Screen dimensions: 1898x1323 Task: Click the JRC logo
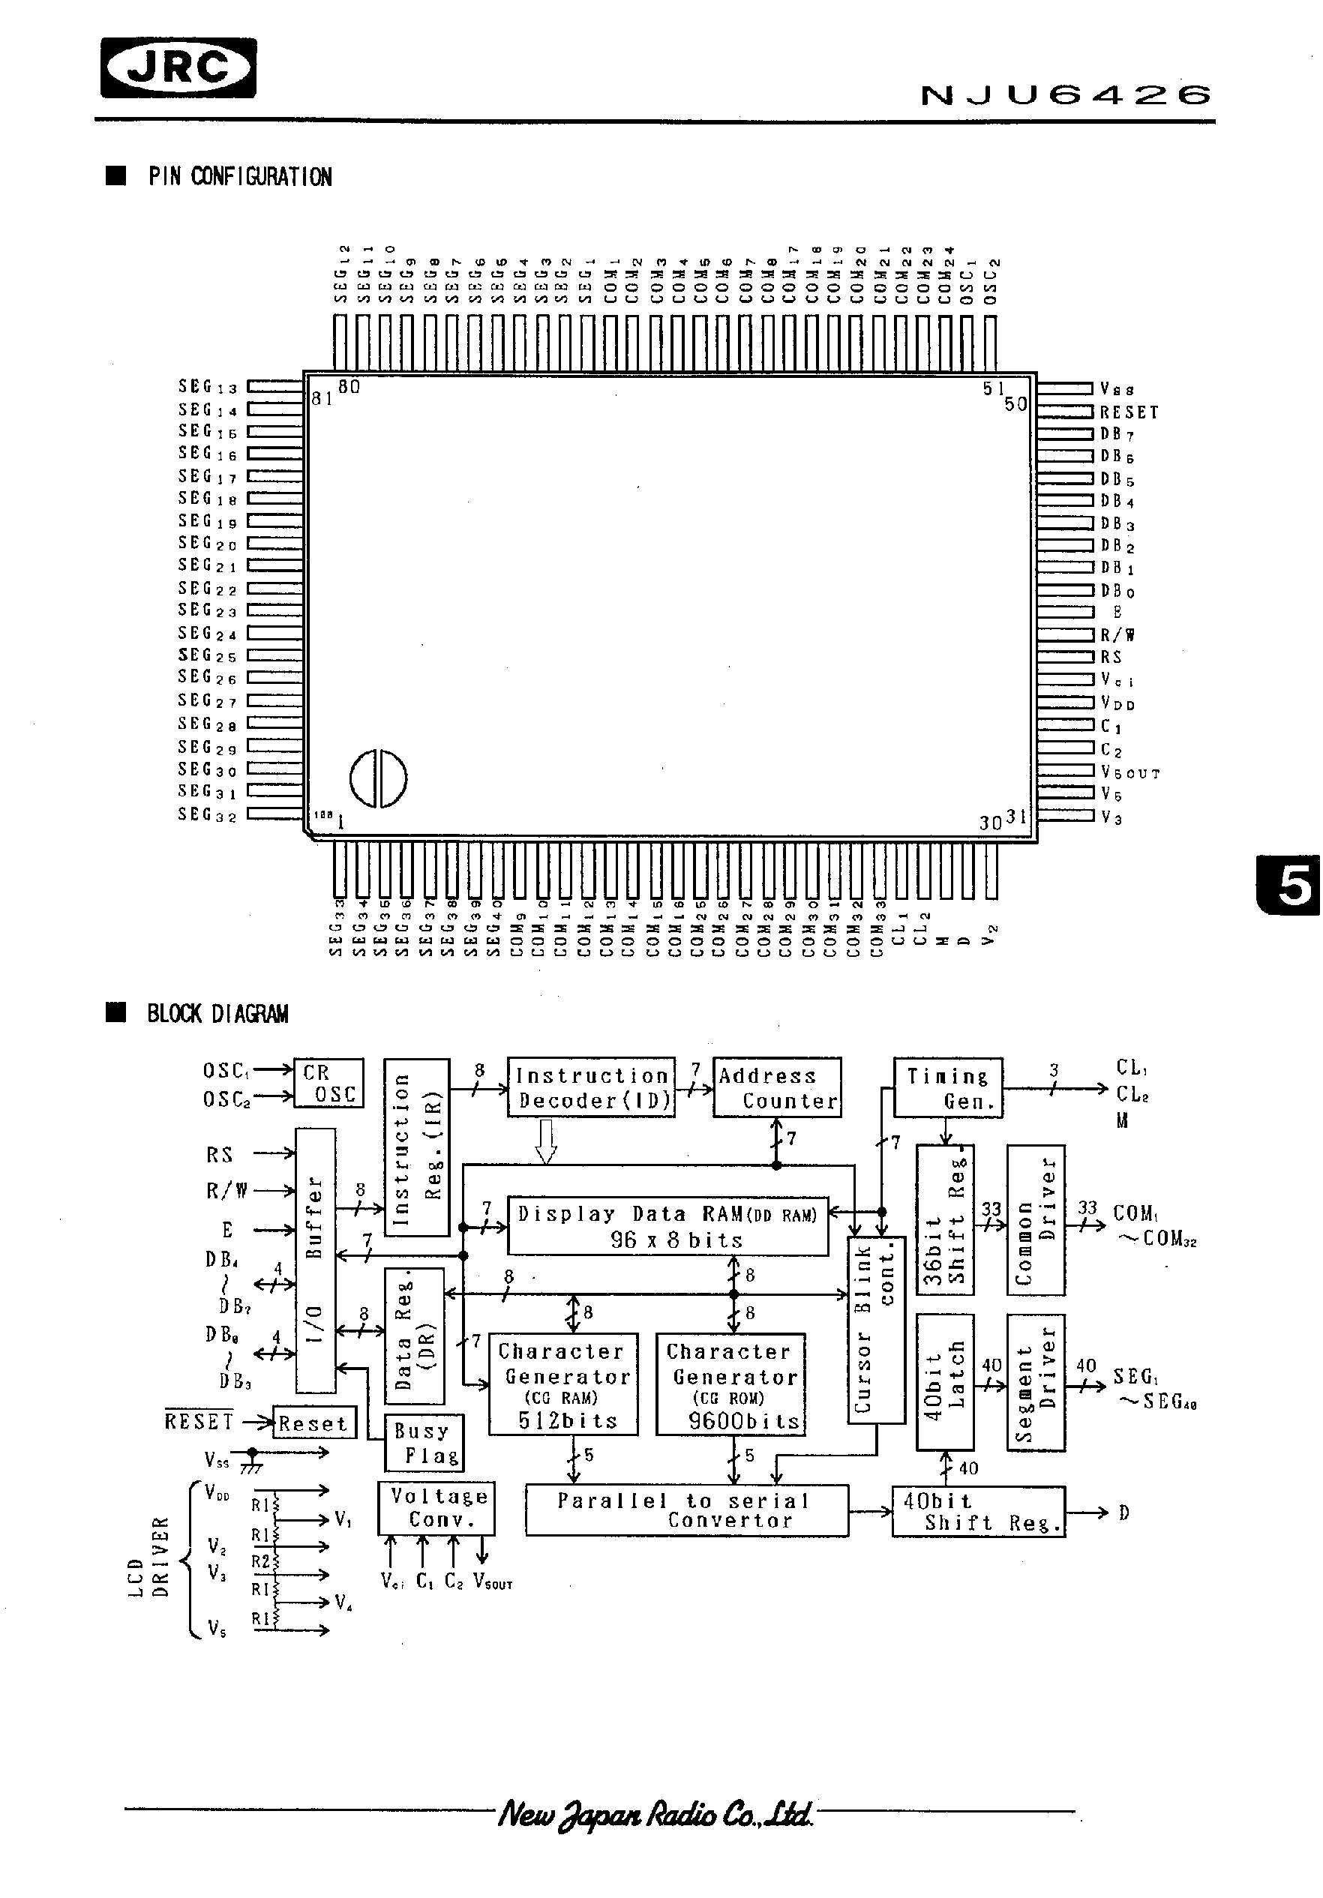point(178,67)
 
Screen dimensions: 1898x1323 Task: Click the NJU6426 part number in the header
point(1066,96)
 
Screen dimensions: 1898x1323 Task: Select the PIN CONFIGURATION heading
point(240,177)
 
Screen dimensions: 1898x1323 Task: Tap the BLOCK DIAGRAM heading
point(217,1015)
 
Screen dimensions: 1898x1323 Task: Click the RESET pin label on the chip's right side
point(1129,412)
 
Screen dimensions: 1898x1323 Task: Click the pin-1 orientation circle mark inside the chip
point(378,778)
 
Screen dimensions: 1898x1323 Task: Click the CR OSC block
point(328,1084)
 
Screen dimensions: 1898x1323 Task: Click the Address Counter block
point(776,1088)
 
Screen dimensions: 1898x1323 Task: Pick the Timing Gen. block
point(947,1088)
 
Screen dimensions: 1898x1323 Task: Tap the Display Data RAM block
point(667,1227)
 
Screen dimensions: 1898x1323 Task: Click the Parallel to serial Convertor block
point(686,1511)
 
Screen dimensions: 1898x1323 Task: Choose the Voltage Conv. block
point(436,1508)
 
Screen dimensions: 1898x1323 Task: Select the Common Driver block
point(1035,1220)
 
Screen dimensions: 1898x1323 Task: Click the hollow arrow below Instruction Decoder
point(546,1141)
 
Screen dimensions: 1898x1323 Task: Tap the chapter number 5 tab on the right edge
point(1292,886)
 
